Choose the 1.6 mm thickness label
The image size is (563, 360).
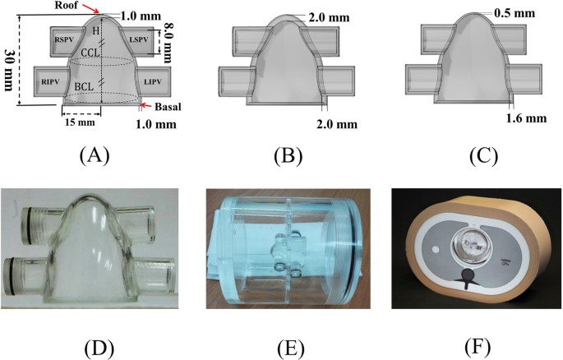point(528,118)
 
